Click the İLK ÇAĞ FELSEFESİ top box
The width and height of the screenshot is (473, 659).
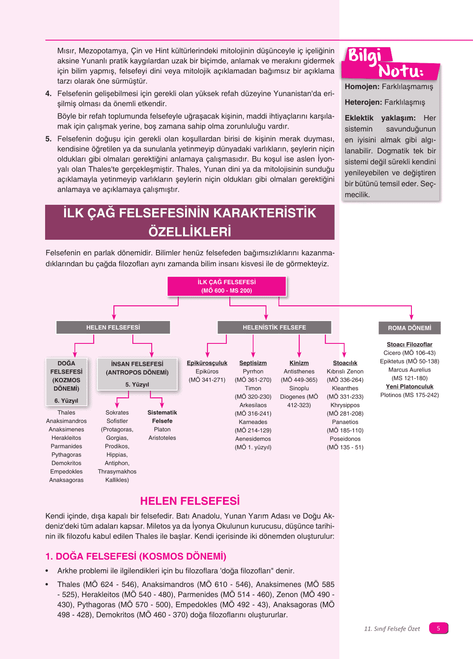[x=227, y=286]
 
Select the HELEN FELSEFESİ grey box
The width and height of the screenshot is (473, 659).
[x=113, y=327]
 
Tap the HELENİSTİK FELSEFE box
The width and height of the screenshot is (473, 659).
[x=274, y=327]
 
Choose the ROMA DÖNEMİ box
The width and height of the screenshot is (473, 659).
[x=409, y=328]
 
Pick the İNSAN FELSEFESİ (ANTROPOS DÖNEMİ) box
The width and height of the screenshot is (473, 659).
[x=137, y=374]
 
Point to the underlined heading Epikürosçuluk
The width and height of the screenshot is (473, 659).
[x=207, y=363]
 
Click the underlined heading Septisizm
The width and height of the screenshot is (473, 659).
[x=253, y=363]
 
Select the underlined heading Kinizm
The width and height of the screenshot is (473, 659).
[x=299, y=363]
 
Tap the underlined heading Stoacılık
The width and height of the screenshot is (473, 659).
[x=345, y=363]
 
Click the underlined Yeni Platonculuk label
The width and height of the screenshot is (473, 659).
[x=409, y=386]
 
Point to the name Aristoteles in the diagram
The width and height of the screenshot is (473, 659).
[x=162, y=438]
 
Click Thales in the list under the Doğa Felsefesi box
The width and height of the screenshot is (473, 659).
[x=66, y=413]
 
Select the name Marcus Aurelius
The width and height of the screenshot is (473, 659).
[x=409, y=370]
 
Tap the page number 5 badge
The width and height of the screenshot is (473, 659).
[x=438, y=628]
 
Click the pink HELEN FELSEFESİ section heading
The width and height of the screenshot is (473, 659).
[x=190, y=501]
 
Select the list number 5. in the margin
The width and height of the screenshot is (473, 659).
[x=48, y=139]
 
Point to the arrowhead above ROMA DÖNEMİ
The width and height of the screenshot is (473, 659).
[x=411, y=316]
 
